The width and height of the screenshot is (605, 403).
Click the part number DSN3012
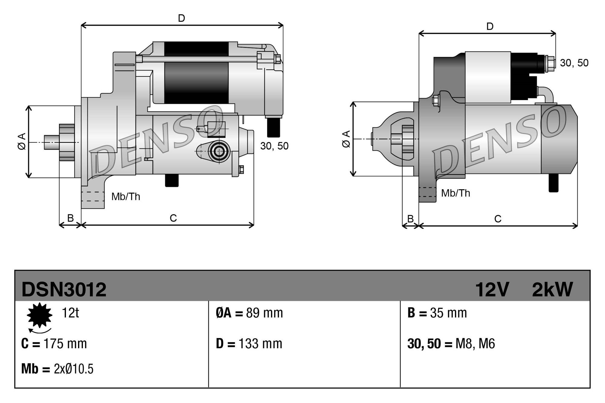click(64, 290)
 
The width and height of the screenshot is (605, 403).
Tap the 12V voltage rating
click(492, 290)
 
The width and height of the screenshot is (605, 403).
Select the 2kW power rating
click(552, 290)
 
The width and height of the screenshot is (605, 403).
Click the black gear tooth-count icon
click(40, 315)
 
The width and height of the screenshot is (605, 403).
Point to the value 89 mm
click(264, 313)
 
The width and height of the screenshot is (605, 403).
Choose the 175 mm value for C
click(65, 344)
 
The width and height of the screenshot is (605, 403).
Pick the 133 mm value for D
click(260, 344)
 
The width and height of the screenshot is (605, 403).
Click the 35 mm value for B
click(448, 313)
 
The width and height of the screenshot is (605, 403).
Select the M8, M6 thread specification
click(475, 344)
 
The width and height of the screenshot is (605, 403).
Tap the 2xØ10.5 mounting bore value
click(74, 369)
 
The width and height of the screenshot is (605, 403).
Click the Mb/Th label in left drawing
click(126, 197)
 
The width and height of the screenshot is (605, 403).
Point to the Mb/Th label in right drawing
click(456, 193)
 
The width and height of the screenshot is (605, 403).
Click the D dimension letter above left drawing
click(181, 18)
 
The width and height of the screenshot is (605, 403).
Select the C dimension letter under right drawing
click(498, 219)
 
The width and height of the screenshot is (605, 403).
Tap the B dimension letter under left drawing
click(70, 218)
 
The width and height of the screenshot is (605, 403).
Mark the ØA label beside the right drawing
click(346, 139)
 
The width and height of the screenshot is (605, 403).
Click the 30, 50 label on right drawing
click(574, 63)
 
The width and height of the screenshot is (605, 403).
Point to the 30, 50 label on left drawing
click(274, 146)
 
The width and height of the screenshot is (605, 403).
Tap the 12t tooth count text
click(70, 313)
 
